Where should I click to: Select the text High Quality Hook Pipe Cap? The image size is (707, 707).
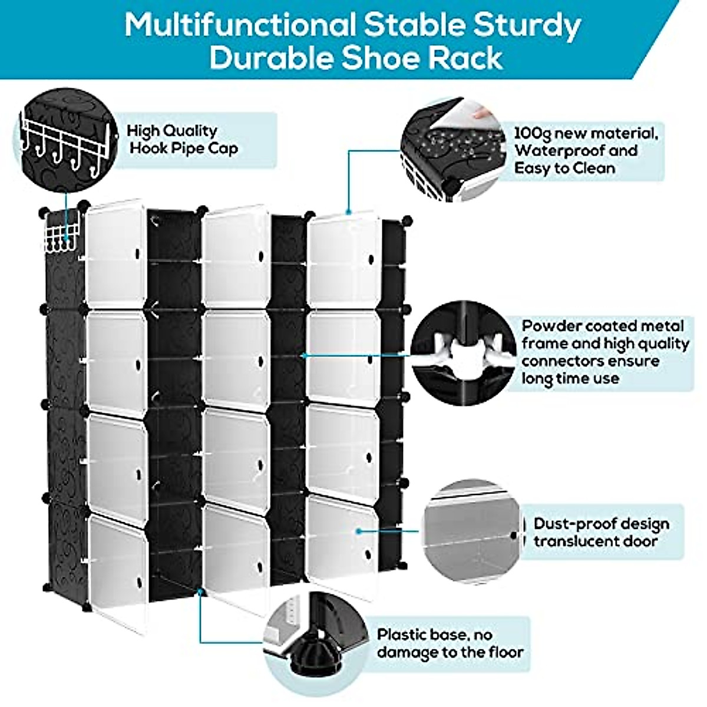(183, 139)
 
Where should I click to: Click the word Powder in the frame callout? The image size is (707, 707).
(549, 326)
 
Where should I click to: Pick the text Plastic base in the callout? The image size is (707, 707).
(421, 635)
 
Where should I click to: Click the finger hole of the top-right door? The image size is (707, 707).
(372, 259)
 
